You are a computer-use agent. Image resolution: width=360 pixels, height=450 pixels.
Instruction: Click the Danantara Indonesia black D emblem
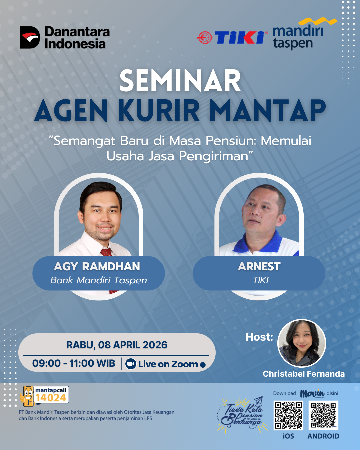[x=30, y=37]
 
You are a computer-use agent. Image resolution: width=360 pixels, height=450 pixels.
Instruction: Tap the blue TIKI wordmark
[x=240, y=37]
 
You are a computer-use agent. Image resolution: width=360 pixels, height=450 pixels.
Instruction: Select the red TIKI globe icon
[x=204, y=37]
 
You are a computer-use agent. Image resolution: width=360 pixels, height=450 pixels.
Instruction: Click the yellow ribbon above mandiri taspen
[x=318, y=21]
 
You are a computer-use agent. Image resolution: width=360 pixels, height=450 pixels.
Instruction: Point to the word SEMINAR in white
[x=180, y=81]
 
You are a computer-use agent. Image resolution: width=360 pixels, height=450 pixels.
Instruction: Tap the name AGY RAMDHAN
[x=97, y=266]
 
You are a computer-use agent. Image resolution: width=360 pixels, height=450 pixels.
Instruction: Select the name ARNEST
[x=259, y=266]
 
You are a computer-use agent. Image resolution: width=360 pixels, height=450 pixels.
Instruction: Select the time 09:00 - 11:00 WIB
[x=74, y=363]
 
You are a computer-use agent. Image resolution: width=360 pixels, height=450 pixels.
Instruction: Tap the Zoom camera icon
[x=131, y=364]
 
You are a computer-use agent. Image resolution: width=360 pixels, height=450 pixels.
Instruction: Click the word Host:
[x=259, y=337]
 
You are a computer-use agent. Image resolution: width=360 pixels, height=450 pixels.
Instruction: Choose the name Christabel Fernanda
[x=304, y=374]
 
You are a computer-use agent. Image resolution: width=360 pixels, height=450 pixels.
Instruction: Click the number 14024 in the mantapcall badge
[x=51, y=398]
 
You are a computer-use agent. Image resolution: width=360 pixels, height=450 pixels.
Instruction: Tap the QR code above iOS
[x=288, y=415]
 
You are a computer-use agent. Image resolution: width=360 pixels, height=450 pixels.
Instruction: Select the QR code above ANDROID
[x=323, y=415]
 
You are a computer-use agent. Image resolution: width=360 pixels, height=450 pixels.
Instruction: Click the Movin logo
[x=312, y=394]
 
